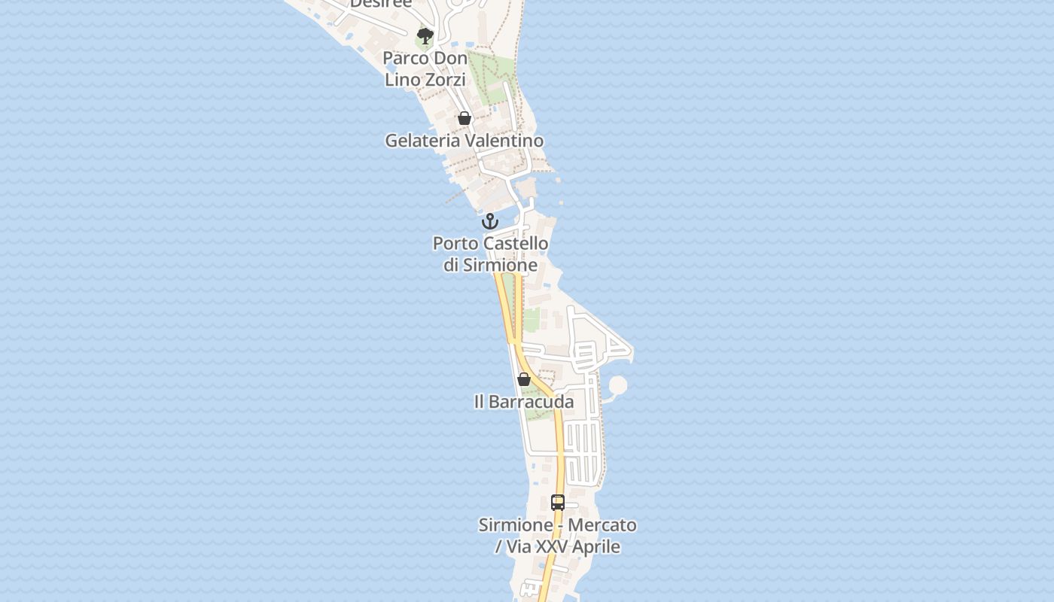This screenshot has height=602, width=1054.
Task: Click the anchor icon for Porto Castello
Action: pos(490,221)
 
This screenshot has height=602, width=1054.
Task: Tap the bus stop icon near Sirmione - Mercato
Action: pos(558,503)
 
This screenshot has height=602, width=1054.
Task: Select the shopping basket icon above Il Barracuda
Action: pos(524,379)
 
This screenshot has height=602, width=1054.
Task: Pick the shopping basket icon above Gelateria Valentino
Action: pos(465,118)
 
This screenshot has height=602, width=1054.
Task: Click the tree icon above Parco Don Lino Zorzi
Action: pos(425,35)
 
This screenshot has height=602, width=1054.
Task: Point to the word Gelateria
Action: pos(422,141)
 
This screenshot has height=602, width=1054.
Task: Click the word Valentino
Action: pos(504,141)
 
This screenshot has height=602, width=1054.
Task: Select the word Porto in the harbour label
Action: pos(455,244)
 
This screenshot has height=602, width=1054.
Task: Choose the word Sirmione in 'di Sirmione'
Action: pos(501,265)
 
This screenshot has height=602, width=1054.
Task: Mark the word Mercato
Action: pos(602,525)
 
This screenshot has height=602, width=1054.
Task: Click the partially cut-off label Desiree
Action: pos(381,4)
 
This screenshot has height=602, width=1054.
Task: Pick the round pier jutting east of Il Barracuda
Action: pos(617,385)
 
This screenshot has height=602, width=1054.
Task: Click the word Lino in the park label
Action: pos(401,79)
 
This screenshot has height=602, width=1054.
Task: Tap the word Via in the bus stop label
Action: pos(518,547)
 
